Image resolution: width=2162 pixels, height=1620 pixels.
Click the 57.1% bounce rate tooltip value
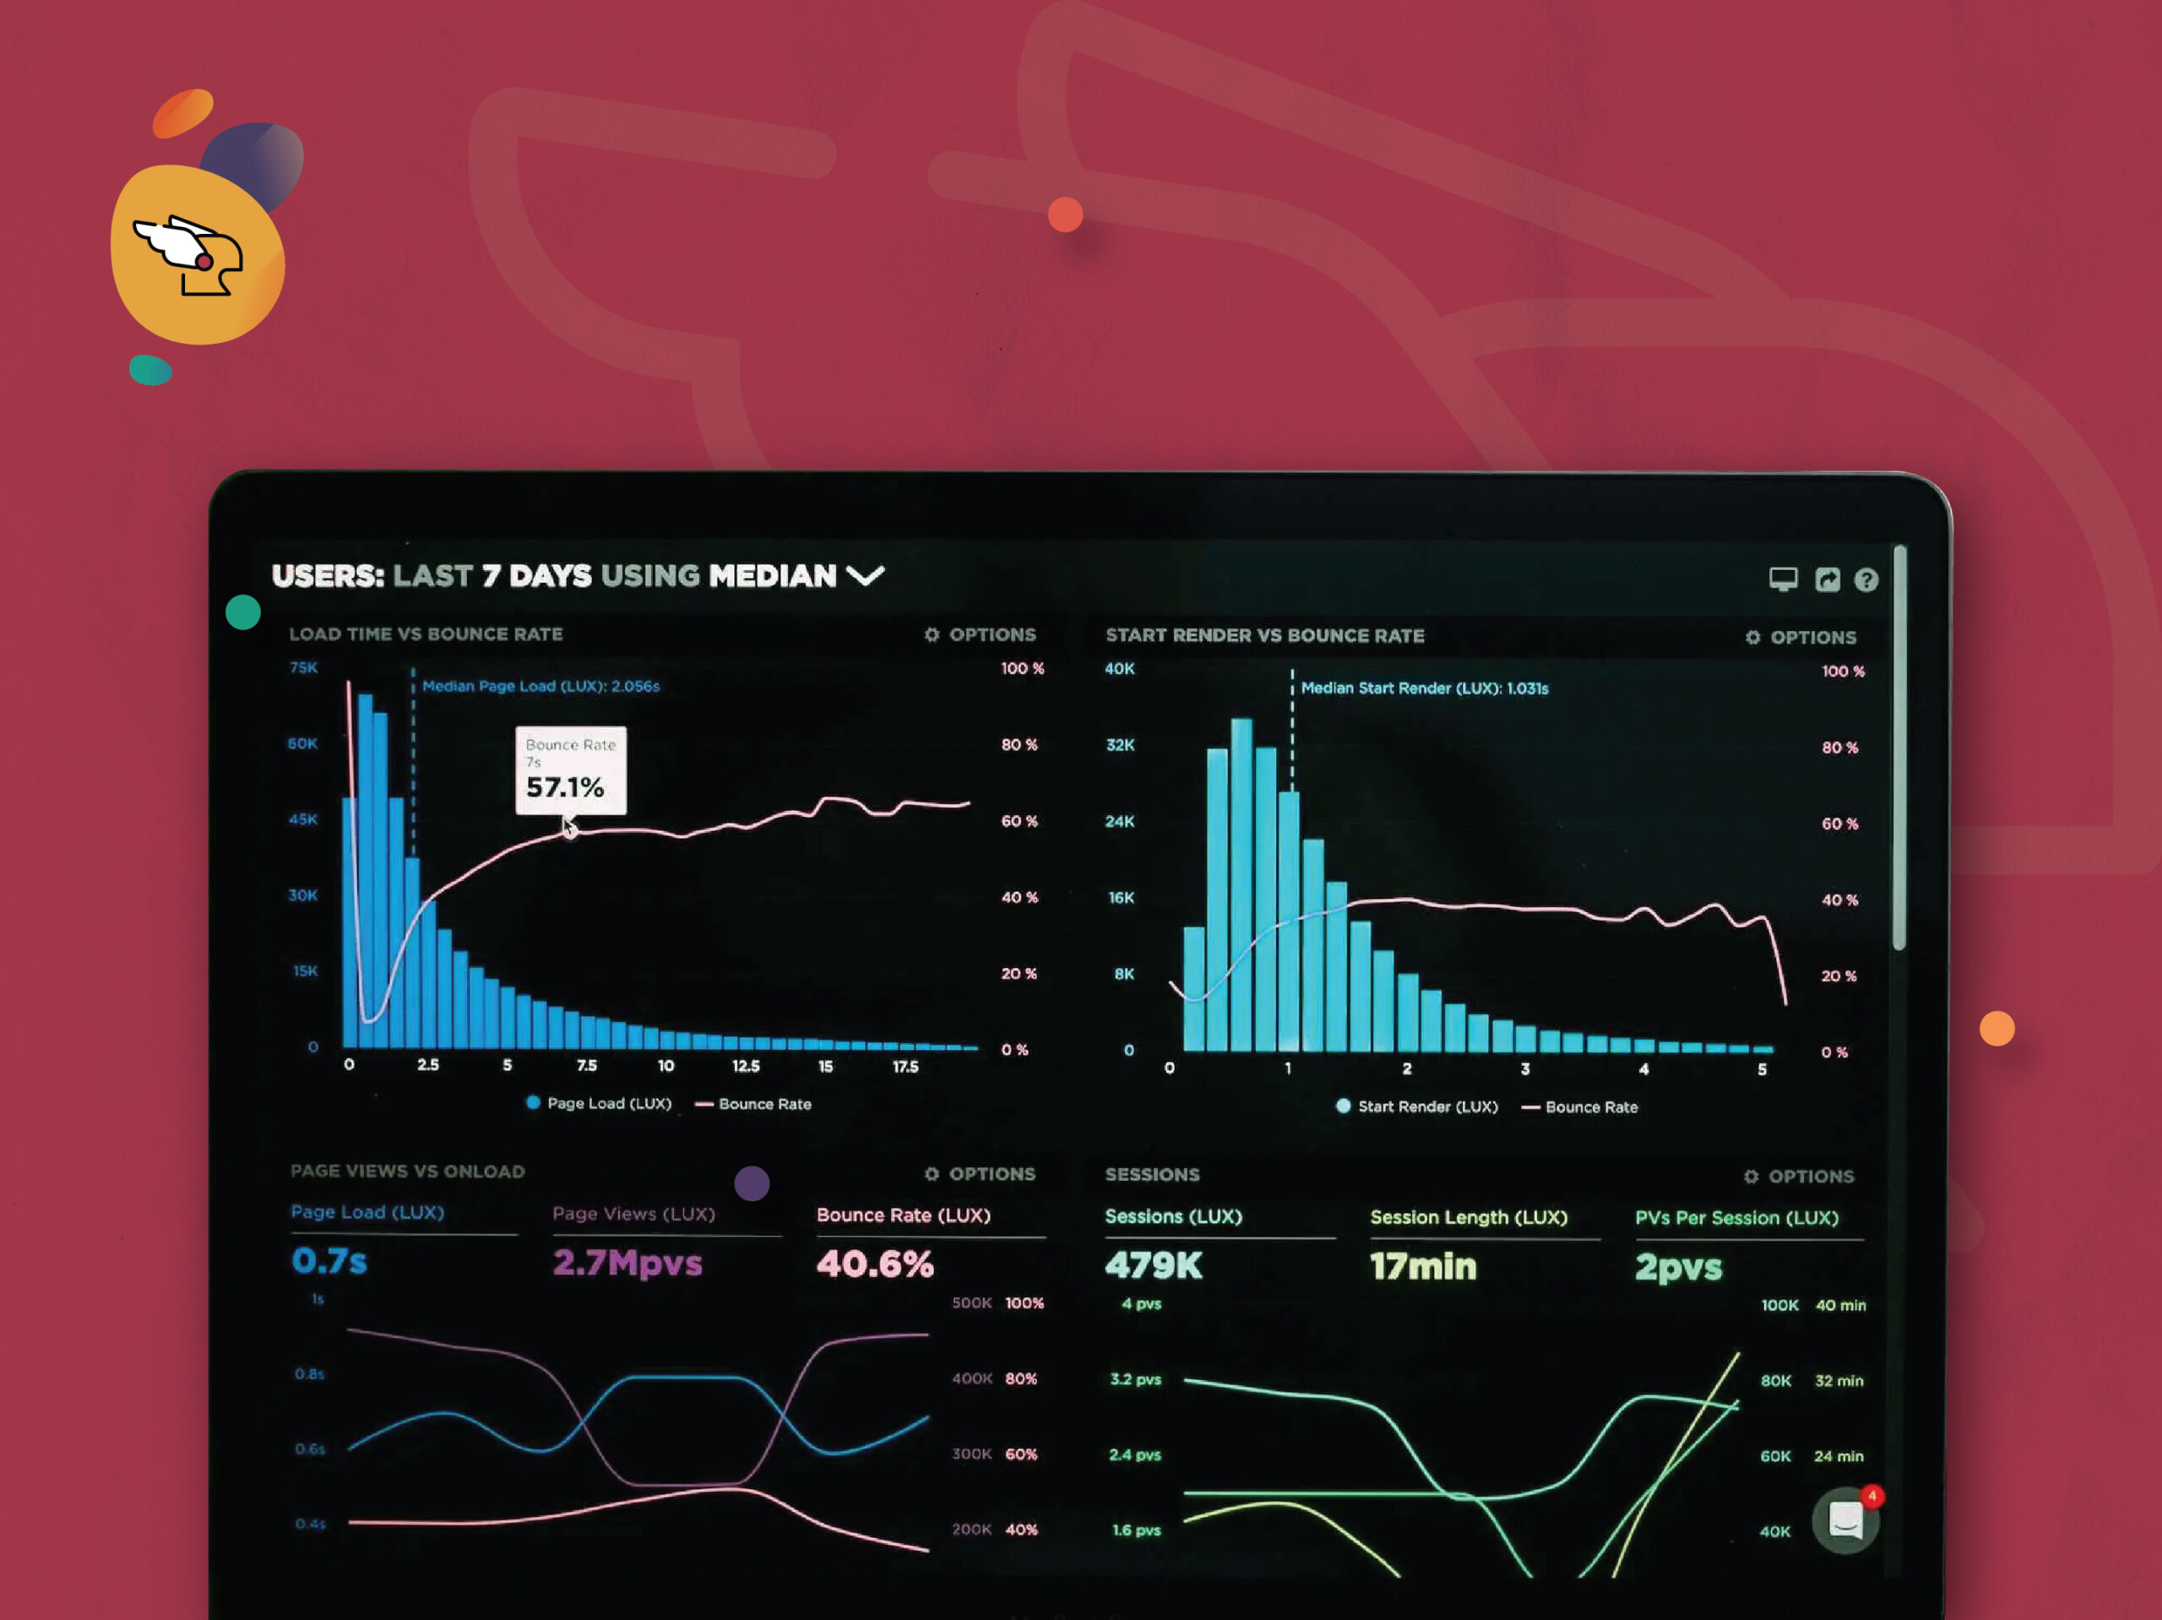pyautogui.click(x=565, y=787)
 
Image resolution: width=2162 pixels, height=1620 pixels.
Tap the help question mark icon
pyautogui.click(x=1866, y=579)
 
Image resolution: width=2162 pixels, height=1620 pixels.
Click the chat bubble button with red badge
pyautogui.click(x=1845, y=1520)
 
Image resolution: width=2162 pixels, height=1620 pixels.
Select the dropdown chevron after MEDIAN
pyautogui.click(x=865, y=575)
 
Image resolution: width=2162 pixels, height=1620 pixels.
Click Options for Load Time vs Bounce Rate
pyautogui.click(x=981, y=634)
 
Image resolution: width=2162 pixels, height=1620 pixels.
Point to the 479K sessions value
pyautogui.click(x=1154, y=1265)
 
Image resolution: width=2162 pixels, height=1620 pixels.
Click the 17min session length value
pyautogui.click(x=1423, y=1266)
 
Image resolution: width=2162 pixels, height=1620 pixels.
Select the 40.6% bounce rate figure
pyautogui.click(x=875, y=1264)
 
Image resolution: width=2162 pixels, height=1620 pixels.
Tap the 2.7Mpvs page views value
pyautogui.click(x=627, y=1262)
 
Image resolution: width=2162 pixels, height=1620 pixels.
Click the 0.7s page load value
pyautogui.click(x=329, y=1260)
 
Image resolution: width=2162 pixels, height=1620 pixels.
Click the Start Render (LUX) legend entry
pyautogui.click(x=1417, y=1106)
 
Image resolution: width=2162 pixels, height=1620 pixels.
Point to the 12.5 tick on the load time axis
pyautogui.click(x=746, y=1066)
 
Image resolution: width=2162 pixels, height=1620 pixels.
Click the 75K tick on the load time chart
pyautogui.click(x=304, y=668)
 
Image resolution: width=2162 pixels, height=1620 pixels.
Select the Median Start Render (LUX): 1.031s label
pyautogui.click(x=1424, y=688)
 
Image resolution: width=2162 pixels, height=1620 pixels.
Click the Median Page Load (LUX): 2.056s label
pyautogui.click(x=540, y=687)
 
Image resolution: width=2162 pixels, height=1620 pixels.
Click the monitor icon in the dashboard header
pyautogui.click(x=1783, y=579)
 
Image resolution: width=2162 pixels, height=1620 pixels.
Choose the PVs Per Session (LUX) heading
pyautogui.click(x=1736, y=1217)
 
